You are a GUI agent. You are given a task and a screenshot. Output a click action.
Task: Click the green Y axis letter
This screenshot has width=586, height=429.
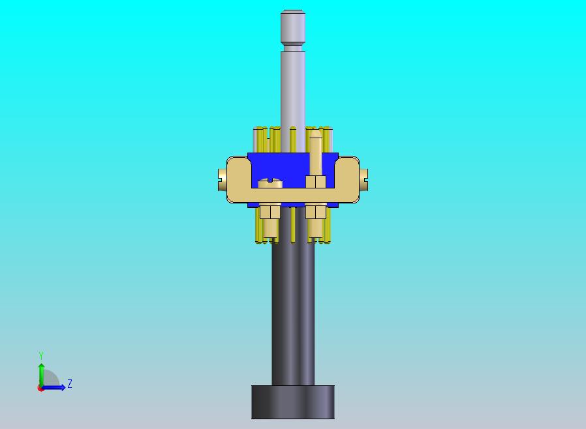coord(41,355)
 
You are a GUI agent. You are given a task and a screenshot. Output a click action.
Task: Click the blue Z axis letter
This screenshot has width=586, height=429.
coord(70,383)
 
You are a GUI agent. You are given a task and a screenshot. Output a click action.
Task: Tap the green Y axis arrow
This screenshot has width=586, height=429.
coord(41,375)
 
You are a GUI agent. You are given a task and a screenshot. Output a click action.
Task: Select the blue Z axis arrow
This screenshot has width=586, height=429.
coord(53,388)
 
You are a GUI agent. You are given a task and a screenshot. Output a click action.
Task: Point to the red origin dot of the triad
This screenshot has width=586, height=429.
coord(40,389)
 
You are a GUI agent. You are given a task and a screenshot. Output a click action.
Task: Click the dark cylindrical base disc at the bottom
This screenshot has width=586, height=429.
coord(292,402)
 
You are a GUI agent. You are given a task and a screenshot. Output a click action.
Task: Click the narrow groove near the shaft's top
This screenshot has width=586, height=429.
coord(293,48)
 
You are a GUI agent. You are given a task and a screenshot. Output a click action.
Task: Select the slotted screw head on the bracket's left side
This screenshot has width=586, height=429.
coord(223,180)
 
